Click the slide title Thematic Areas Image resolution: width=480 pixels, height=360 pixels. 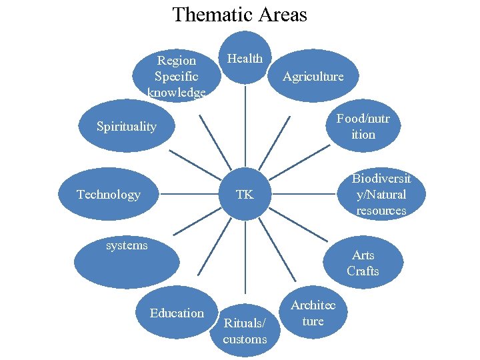[x=239, y=14]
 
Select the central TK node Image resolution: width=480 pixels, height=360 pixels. [x=245, y=194]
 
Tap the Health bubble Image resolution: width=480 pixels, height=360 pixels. [x=245, y=58]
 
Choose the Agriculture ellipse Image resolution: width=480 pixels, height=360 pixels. [x=313, y=77]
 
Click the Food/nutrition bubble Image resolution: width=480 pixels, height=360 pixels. [x=363, y=126]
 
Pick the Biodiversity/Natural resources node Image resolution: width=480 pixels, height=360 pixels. [x=381, y=194]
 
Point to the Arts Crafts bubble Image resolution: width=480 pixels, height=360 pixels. [x=363, y=263]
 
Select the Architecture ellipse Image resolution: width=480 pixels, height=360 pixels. [x=313, y=313]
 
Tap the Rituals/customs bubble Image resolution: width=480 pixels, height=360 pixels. [x=245, y=331]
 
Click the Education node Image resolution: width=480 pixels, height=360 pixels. [x=177, y=313]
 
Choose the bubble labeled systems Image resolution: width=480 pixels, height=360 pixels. [x=127, y=260]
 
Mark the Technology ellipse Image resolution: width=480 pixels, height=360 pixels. [x=109, y=194]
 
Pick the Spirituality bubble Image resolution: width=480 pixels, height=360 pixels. [x=127, y=126]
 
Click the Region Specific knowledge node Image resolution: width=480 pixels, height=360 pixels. [x=177, y=76]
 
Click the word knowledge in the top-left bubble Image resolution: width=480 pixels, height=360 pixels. [x=177, y=93]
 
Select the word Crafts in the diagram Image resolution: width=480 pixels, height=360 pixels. [x=363, y=271]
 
